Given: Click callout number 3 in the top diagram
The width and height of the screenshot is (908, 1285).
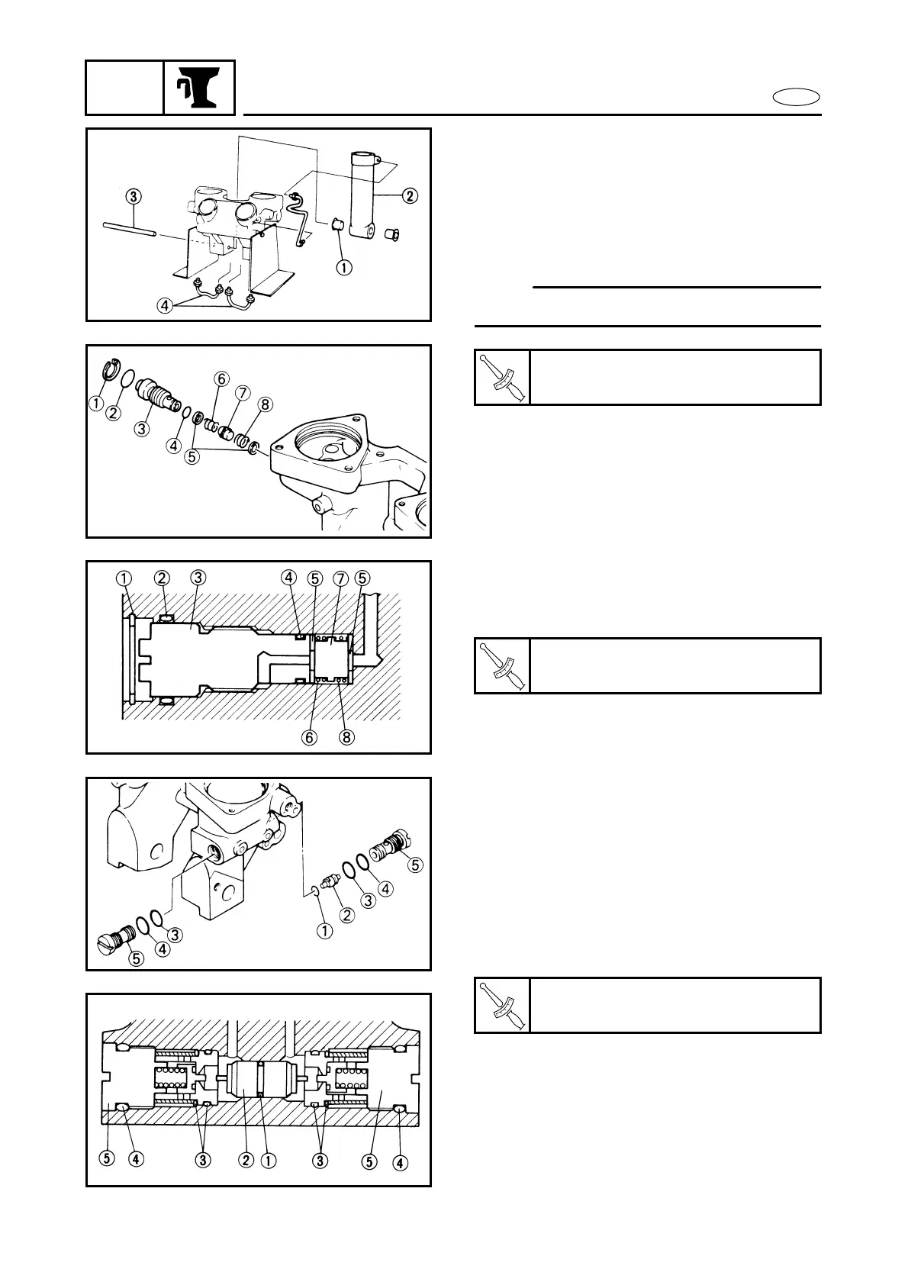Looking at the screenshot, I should [x=134, y=196].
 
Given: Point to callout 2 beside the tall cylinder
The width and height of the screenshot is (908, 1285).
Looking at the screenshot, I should [x=410, y=196].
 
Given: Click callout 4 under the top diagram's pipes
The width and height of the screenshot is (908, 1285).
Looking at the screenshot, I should [x=163, y=306].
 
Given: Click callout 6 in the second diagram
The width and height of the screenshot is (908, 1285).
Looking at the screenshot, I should [x=221, y=379].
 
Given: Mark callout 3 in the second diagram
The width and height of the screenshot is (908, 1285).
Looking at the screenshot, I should [x=141, y=429].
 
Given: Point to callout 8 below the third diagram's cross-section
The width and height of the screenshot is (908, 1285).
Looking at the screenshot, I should [x=347, y=738].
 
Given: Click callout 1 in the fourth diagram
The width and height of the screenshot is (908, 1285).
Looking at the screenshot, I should [x=325, y=930].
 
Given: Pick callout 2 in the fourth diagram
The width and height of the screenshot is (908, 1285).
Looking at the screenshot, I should [x=348, y=916].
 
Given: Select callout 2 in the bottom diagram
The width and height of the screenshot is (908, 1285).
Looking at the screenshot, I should [x=246, y=1183].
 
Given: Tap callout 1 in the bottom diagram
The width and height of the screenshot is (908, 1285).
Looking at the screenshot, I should [x=269, y=1183].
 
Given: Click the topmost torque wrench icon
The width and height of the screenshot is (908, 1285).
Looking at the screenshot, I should [x=502, y=377].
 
